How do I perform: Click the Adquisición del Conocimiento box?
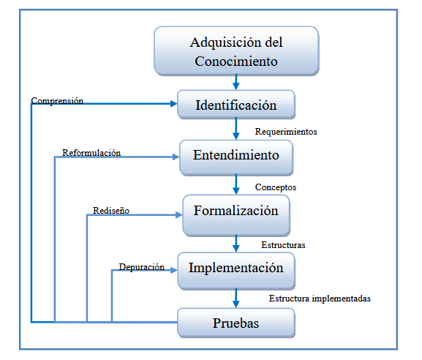pyautogui.click(x=236, y=51)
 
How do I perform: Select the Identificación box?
pyautogui.click(x=236, y=105)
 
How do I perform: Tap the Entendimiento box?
pyautogui.click(x=236, y=158)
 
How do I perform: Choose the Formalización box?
pyautogui.click(x=236, y=215)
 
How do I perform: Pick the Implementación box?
pyautogui.click(x=236, y=271)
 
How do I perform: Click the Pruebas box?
pyautogui.click(x=236, y=323)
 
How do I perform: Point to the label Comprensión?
pyautogui.click(x=57, y=101)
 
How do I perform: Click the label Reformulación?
pyautogui.click(x=91, y=153)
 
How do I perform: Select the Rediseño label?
pyautogui.click(x=111, y=211)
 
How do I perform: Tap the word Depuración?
pyautogui.click(x=142, y=267)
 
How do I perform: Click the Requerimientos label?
pyautogui.click(x=286, y=132)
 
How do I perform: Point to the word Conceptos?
pyautogui.click(x=276, y=187)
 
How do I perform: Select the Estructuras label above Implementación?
pyautogui.click(x=283, y=245)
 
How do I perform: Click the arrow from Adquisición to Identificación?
pyautogui.click(x=236, y=82)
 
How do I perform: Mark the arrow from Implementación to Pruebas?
pyautogui.click(x=236, y=299)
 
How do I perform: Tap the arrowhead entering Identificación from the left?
pyautogui.click(x=174, y=104)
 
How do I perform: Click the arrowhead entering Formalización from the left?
pyautogui.click(x=179, y=215)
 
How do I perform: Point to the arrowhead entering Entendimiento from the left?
pyautogui.click(x=176, y=157)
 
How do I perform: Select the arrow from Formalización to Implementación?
pyautogui.click(x=236, y=244)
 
